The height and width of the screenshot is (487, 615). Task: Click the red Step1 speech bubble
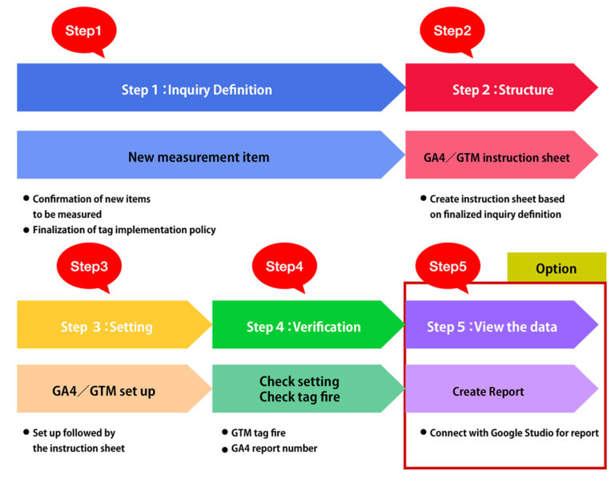click(x=84, y=31)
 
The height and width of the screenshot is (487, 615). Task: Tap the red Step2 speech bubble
click(x=452, y=31)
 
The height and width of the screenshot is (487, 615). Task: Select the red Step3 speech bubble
click(x=89, y=267)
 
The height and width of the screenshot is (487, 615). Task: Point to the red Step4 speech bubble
click(x=284, y=267)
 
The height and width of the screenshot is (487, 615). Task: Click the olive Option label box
click(x=557, y=268)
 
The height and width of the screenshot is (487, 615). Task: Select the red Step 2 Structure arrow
click(x=496, y=89)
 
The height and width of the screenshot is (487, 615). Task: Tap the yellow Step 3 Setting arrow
click(x=108, y=326)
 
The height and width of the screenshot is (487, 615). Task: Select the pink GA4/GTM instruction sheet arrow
click(x=496, y=157)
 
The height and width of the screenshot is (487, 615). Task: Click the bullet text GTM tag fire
click(x=259, y=433)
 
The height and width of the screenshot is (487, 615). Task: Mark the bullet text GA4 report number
click(x=274, y=449)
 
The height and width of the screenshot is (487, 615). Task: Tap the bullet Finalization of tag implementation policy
click(x=124, y=230)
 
